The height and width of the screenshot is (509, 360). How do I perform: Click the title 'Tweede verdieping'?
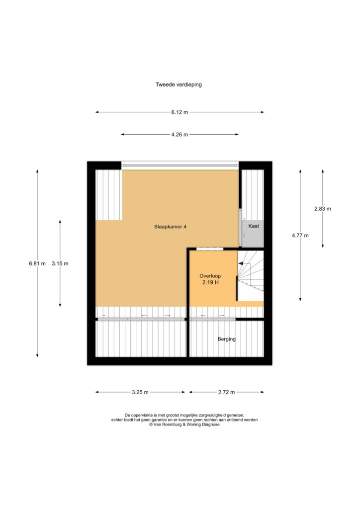coord(179,85)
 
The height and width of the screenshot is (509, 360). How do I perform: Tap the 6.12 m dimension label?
coord(180,112)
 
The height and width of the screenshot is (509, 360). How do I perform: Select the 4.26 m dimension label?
coord(180,134)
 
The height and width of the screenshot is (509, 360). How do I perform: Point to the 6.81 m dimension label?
coord(37,263)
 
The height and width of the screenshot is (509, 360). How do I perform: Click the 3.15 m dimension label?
coord(60,263)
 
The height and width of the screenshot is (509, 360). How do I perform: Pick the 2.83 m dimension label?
coord(323,209)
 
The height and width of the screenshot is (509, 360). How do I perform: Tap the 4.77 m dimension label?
coord(300,235)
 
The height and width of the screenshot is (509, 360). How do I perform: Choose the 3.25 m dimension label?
coord(140,392)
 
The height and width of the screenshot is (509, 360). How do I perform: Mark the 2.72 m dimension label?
coord(226,392)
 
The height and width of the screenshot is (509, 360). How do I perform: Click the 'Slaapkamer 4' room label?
coord(170,227)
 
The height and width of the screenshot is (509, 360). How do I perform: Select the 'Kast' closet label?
coord(254,226)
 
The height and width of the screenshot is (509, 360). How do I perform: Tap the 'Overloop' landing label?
coord(210,276)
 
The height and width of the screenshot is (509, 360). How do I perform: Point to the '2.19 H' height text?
coord(210,282)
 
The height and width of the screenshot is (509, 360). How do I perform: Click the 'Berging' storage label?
coord(227,339)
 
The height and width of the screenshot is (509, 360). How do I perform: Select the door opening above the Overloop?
coord(210,249)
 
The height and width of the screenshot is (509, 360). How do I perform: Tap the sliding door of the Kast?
coord(241,228)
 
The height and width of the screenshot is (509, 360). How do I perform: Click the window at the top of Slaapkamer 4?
coord(180,165)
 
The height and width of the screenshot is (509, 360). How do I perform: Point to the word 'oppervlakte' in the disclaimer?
coord(142,415)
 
